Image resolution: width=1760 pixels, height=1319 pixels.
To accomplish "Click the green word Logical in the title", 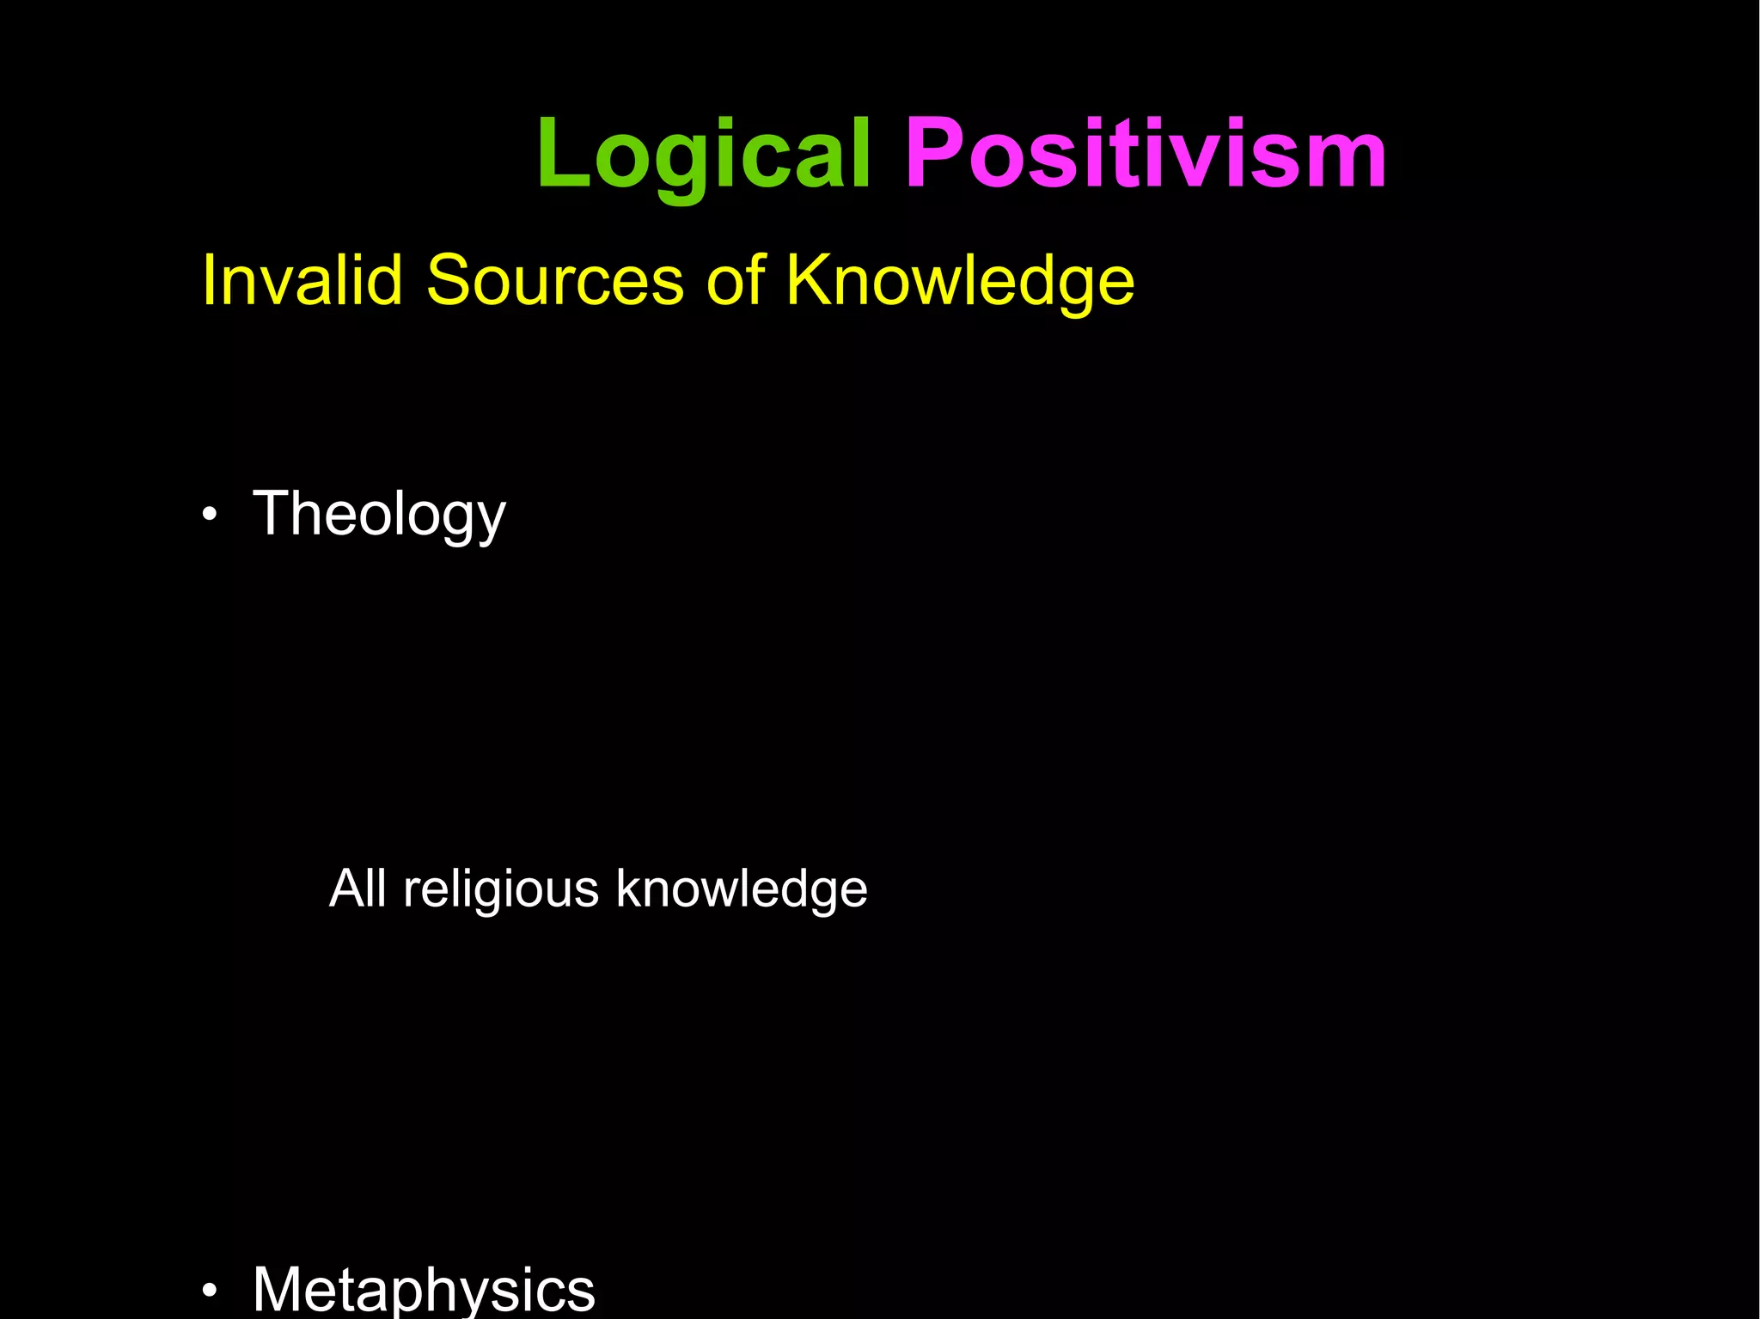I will point(703,155).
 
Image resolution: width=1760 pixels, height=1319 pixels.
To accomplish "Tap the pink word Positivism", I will point(1146,155).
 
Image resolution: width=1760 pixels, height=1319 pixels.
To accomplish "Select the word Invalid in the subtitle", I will point(302,280).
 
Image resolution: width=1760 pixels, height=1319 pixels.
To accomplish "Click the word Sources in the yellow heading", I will point(554,280).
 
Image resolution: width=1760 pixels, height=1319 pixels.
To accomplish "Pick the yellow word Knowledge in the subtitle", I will point(960,282).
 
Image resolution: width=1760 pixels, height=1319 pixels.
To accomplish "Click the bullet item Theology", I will point(379,514).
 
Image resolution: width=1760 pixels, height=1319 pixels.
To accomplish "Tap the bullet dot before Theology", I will point(210,516).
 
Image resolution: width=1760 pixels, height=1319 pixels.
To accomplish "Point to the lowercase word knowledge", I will point(742,889).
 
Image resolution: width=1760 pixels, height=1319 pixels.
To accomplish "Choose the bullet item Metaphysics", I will point(424,1289).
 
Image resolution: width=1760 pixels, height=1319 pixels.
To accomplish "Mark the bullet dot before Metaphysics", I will point(210,1291).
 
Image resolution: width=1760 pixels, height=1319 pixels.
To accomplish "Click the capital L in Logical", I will point(563,155).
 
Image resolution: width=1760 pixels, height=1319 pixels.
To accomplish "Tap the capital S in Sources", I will point(449,280).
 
